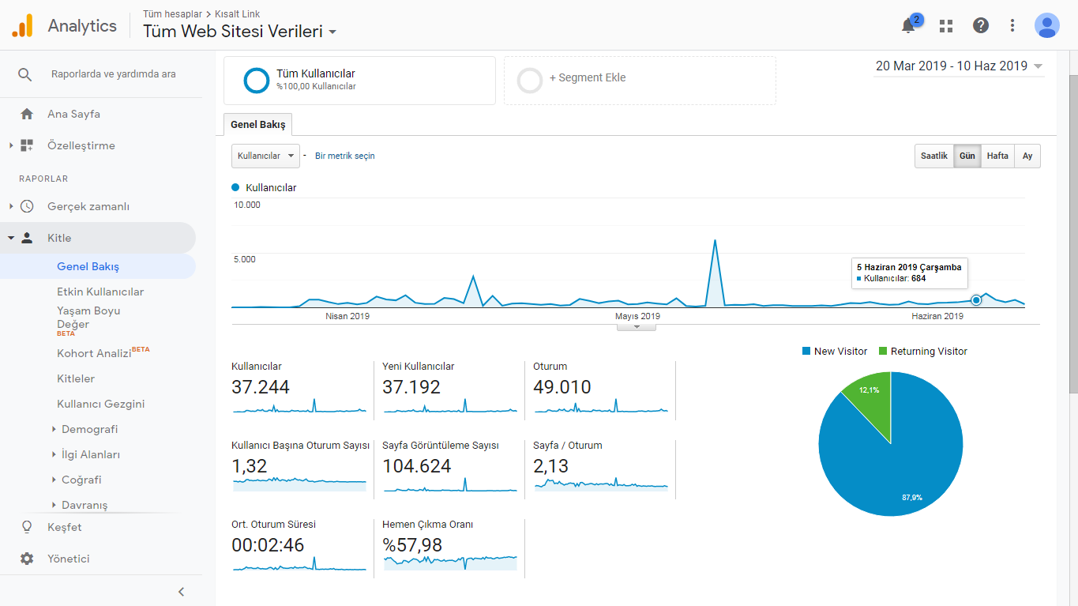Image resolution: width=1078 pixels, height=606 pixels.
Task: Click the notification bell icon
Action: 908,25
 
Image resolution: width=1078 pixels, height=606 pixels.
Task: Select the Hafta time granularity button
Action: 997,156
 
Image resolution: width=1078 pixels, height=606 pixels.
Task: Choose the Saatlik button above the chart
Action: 933,156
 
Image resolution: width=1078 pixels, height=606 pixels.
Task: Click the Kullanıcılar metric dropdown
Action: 265,156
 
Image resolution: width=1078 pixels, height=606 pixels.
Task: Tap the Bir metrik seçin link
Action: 344,156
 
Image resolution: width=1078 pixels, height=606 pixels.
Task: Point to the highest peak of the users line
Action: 716,240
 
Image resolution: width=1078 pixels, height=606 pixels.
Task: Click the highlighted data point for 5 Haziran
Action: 976,300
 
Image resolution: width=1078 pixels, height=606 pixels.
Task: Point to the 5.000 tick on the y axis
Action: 245,259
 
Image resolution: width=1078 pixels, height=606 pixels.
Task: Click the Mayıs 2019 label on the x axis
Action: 637,316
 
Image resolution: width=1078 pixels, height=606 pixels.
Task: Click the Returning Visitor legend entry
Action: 922,352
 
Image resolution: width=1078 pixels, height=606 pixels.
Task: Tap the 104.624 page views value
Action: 416,466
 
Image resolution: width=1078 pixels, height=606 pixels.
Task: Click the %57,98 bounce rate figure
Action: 412,545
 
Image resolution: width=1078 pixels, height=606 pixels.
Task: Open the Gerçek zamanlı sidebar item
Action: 88,206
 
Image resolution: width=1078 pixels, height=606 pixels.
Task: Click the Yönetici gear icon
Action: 27,559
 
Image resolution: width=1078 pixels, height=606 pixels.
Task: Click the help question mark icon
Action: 980,25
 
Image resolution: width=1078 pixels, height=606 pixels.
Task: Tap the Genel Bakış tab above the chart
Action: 257,125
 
